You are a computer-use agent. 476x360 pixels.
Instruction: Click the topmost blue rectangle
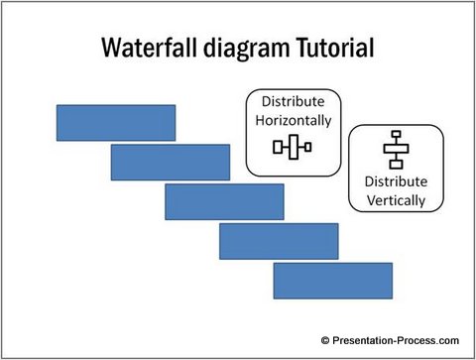point(116,123)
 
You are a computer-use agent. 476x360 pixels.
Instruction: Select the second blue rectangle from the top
point(170,163)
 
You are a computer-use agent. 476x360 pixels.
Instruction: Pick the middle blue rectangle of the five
point(224,201)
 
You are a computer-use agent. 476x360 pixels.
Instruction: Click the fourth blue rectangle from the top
point(279,241)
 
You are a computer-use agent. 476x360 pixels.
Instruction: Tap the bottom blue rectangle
point(332,281)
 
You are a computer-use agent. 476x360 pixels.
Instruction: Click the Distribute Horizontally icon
point(293,148)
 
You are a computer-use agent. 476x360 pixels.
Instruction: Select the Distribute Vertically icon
point(396,150)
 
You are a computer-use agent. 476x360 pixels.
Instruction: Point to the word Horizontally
point(293,121)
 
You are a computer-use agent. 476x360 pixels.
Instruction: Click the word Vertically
point(395,199)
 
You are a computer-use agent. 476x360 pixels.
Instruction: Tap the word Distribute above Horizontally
point(293,102)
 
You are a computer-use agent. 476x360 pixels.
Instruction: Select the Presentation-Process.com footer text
point(398,339)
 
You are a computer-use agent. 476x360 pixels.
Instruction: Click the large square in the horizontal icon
point(293,148)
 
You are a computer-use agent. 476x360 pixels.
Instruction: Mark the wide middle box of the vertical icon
point(396,150)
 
